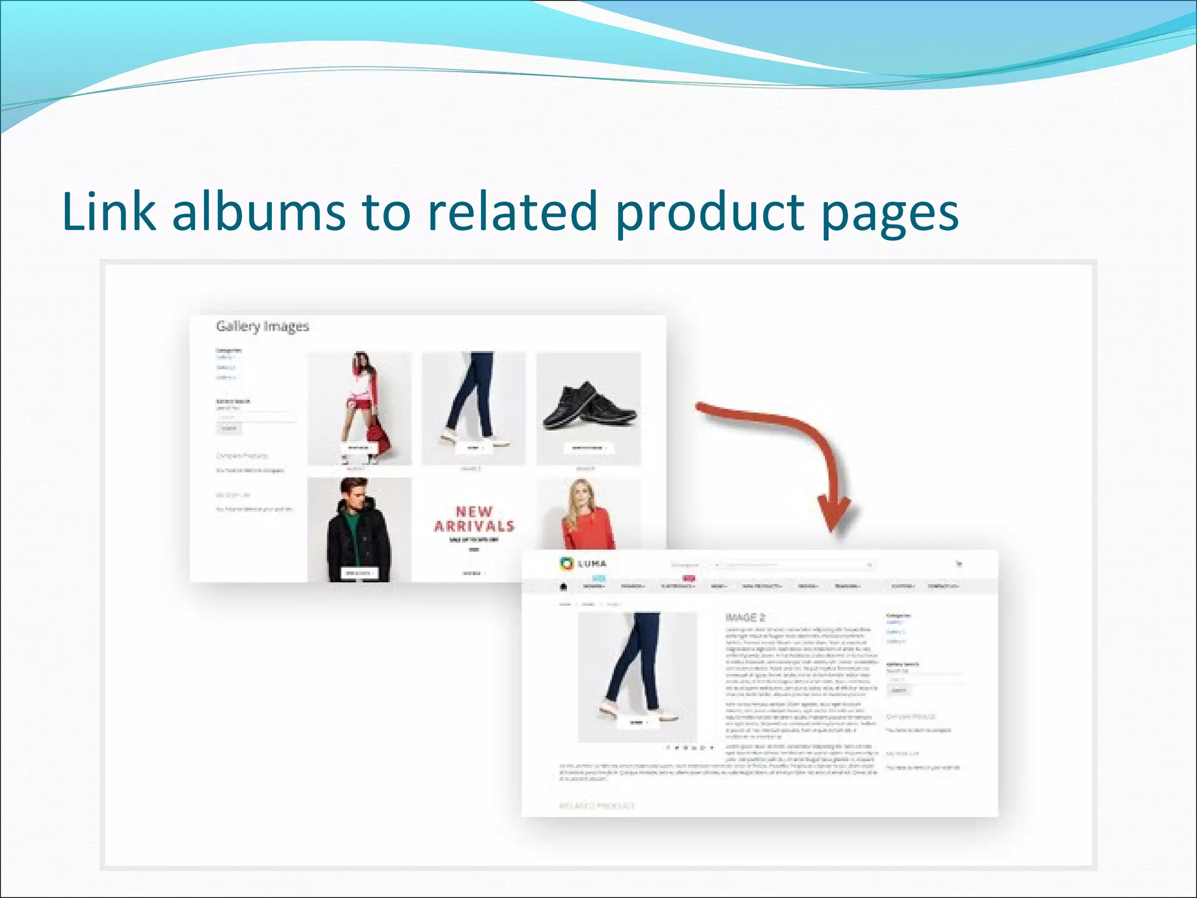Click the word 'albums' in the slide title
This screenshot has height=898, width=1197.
[x=258, y=212]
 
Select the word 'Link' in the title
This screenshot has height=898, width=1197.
[x=109, y=212]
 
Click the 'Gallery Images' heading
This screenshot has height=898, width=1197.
[x=262, y=326]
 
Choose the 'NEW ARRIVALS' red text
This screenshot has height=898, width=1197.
[x=474, y=519]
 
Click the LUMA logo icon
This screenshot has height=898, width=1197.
[x=566, y=564]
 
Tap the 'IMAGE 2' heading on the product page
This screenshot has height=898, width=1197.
[x=745, y=617]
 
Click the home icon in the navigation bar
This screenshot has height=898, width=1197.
[x=563, y=586]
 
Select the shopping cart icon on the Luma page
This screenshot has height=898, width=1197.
[x=959, y=564]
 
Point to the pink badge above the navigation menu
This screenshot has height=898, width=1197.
[x=689, y=579]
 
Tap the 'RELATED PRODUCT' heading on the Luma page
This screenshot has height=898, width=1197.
[x=597, y=806]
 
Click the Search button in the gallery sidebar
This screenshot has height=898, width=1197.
[x=229, y=429]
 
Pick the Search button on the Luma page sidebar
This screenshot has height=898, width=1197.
[x=898, y=690]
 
